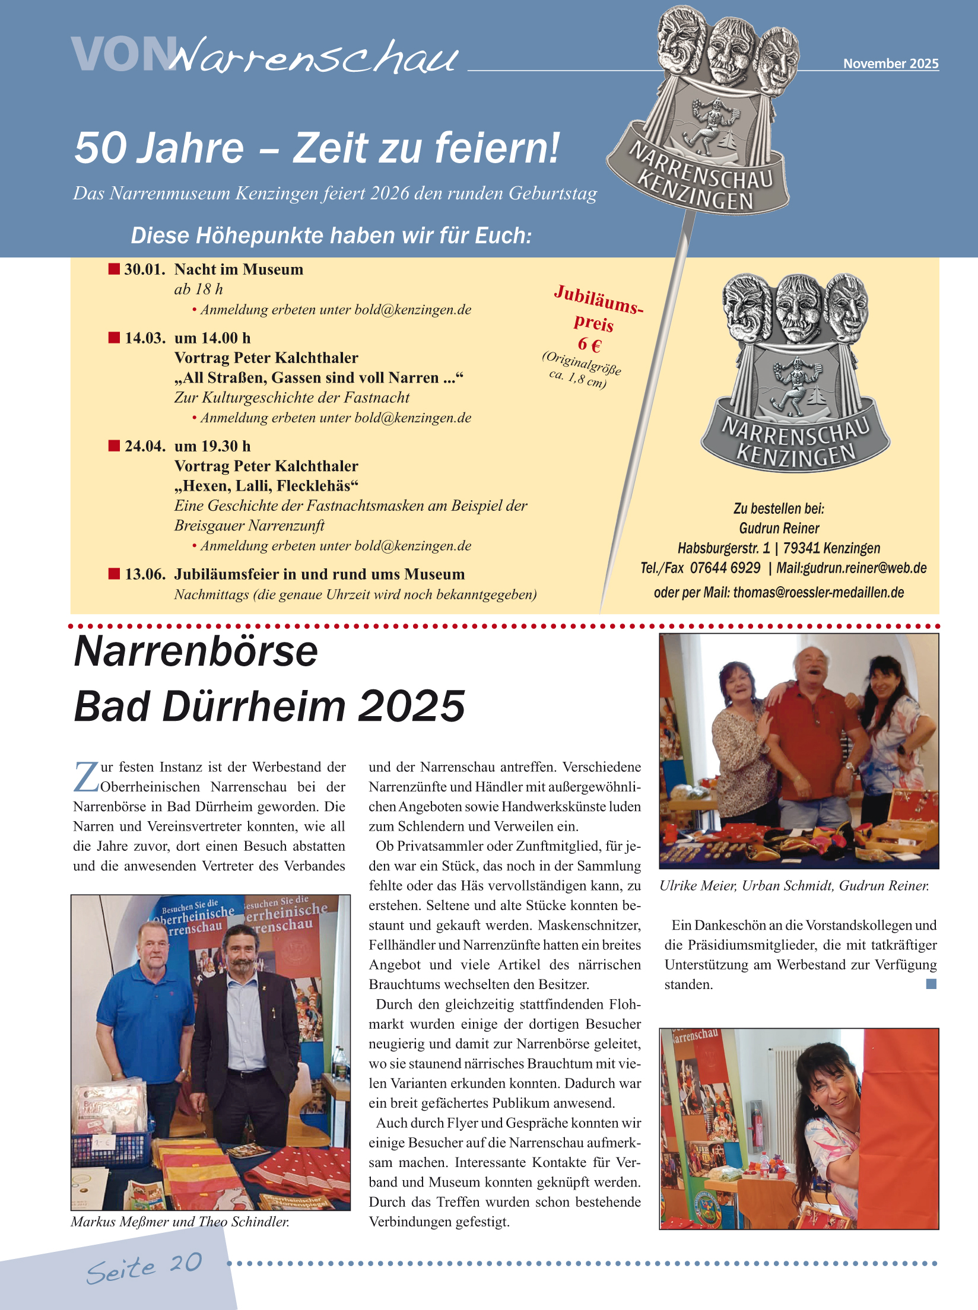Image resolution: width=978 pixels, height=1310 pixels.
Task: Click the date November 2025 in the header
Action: coord(891,63)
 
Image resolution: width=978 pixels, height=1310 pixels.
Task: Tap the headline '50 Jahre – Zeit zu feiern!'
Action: coord(317,148)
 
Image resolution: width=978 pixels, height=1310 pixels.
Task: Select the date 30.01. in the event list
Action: coord(145,270)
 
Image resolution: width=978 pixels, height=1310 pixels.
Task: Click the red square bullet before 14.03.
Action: coord(114,338)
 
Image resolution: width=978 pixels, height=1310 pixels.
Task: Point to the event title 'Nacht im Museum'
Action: coord(239,270)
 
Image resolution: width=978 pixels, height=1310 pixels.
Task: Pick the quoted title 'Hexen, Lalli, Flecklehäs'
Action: coord(266,486)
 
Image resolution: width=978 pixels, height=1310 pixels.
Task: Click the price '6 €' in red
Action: coord(589,345)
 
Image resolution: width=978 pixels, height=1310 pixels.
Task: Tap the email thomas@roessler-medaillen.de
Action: coord(818,592)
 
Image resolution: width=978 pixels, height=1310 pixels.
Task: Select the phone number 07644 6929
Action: coord(725,568)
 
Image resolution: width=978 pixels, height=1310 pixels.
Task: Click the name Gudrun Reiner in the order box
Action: coord(779,528)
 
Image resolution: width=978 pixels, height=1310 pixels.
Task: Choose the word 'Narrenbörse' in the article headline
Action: coord(196,651)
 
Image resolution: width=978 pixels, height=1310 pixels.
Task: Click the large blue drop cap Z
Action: coord(86,777)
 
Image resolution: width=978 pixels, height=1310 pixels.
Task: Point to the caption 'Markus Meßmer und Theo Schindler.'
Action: coord(180,1222)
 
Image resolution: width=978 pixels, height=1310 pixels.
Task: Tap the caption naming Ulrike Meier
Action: coord(794,886)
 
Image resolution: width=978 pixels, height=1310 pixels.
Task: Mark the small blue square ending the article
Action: coord(931,984)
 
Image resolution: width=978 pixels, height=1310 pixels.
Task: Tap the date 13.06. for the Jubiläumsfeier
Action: coord(145,574)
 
